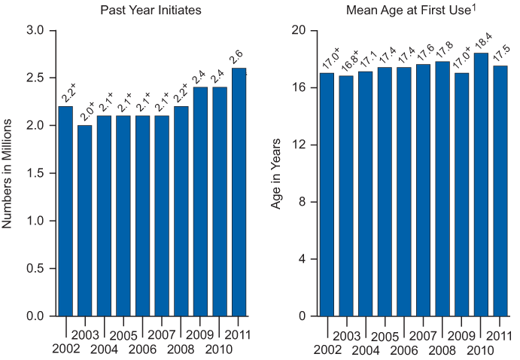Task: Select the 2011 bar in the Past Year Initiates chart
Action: point(239,192)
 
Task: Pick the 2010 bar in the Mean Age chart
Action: point(481,185)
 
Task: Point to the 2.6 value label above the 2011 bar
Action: point(237,56)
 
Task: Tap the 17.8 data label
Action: point(442,50)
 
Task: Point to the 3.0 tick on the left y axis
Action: point(35,30)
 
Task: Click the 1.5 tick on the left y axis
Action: point(35,173)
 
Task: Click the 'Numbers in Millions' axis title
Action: point(8,173)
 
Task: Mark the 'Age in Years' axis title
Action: point(276,173)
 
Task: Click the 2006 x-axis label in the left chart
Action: point(142,349)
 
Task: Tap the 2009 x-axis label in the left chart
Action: point(200,334)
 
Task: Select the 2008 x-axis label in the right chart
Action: point(442,349)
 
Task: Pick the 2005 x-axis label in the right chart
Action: point(384,334)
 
